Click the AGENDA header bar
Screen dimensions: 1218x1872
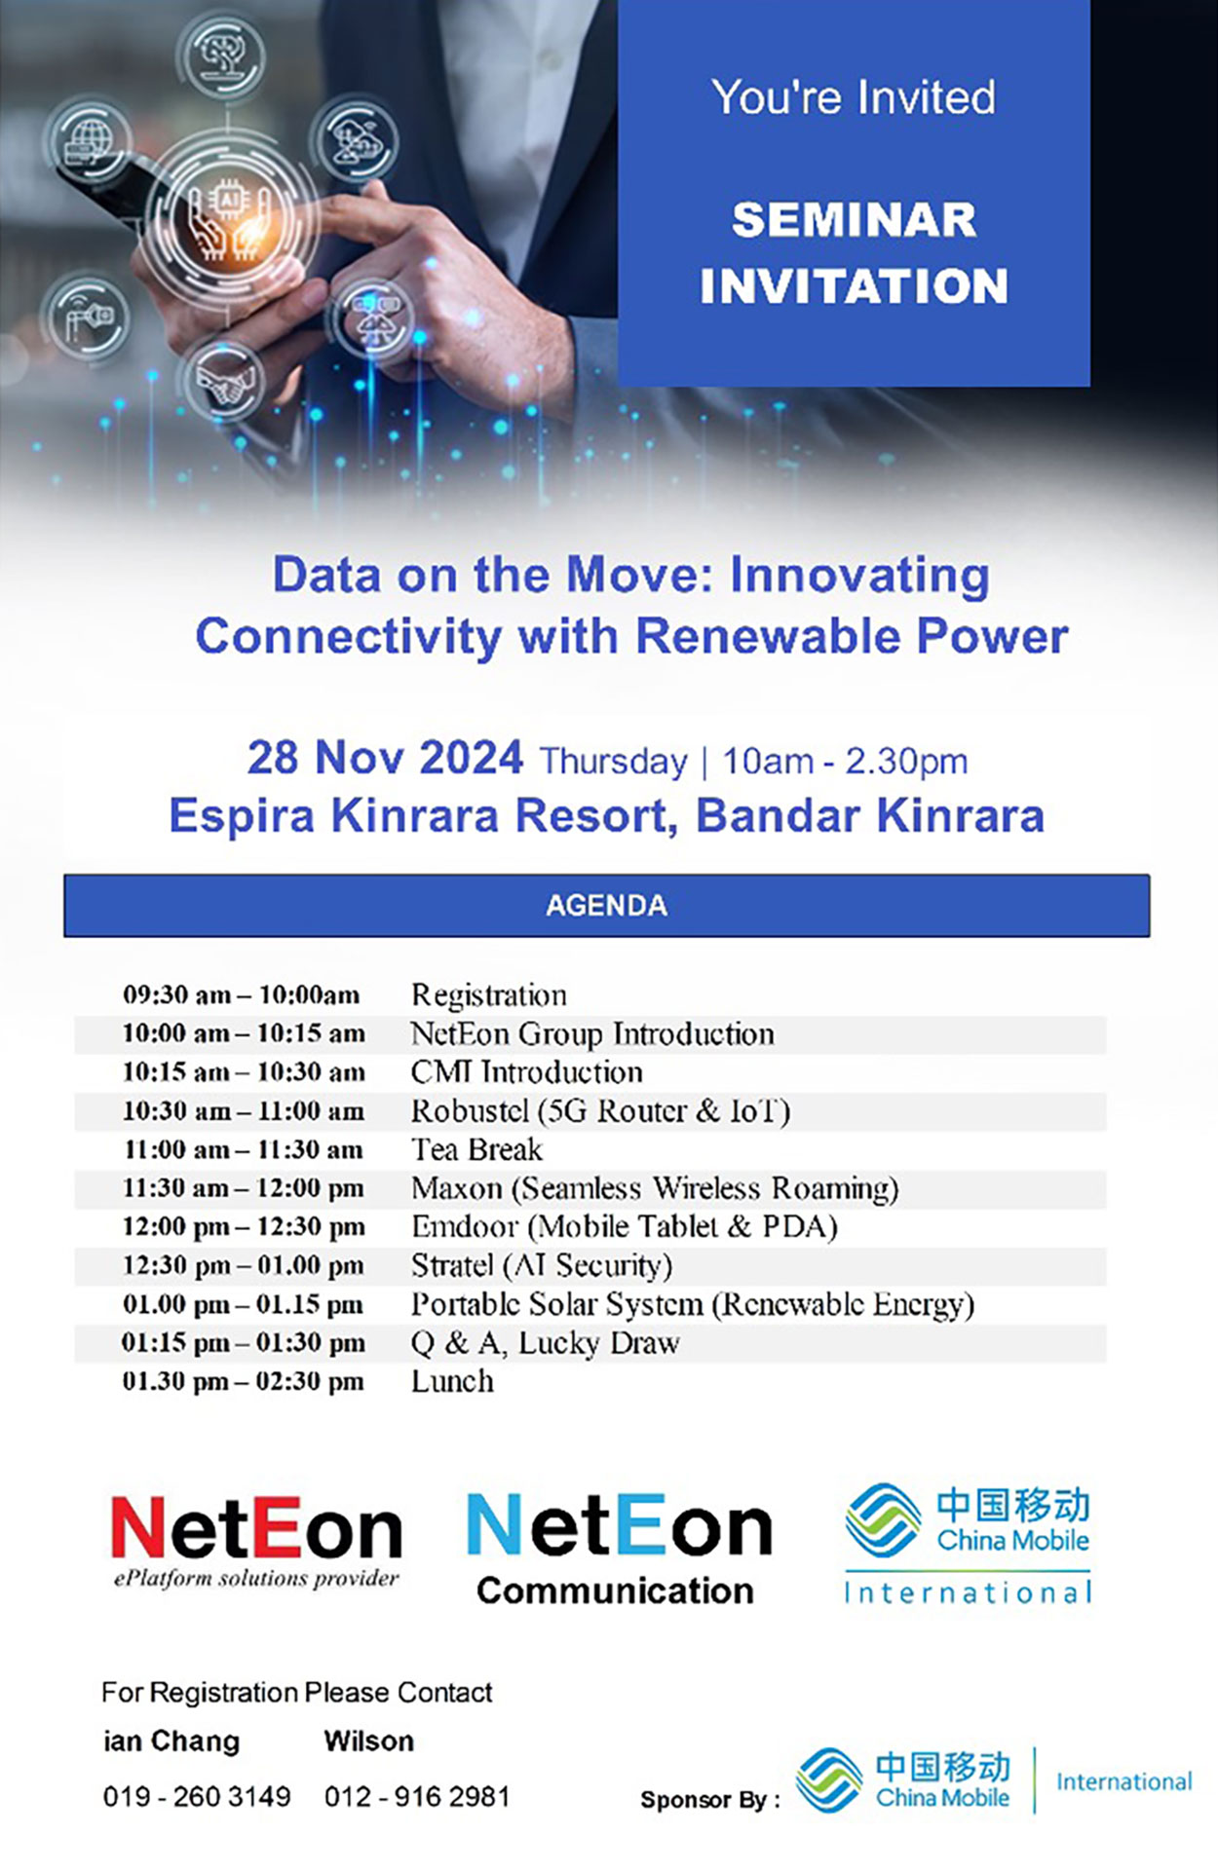pyautogui.click(x=606, y=906)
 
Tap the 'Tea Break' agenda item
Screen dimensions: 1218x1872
pyautogui.click(x=476, y=1149)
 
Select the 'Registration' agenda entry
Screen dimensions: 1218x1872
pyautogui.click(x=489, y=995)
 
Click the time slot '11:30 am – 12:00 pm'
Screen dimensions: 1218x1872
pyautogui.click(x=244, y=1188)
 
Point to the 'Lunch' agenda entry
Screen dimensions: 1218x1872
pyautogui.click(x=452, y=1381)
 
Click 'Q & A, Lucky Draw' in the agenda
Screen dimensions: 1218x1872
pyautogui.click(x=546, y=1343)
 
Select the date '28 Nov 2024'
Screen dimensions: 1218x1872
pyautogui.click(x=385, y=758)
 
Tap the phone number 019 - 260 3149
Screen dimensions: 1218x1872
pyautogui.click(x=197, y=1797)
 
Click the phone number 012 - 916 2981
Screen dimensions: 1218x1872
pyautogui.click(x=417, y=1797)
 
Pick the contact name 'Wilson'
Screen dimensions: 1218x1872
pyautogui.click(x=369, y=1741)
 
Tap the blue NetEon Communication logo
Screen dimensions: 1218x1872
pyautogui.click(x=619, y=1549)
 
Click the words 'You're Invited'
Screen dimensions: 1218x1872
pyautogui.click(x=854, y=97)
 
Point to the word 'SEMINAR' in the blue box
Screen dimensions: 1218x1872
pyautogui.click(x=854, y=219)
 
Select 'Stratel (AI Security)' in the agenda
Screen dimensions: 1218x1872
pyautogui.click(x=542, y=1266)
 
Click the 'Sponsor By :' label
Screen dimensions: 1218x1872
pyautogui.click(x=710, y=1800)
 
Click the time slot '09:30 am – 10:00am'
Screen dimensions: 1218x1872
pyautogui.click(x=242, y=995)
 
